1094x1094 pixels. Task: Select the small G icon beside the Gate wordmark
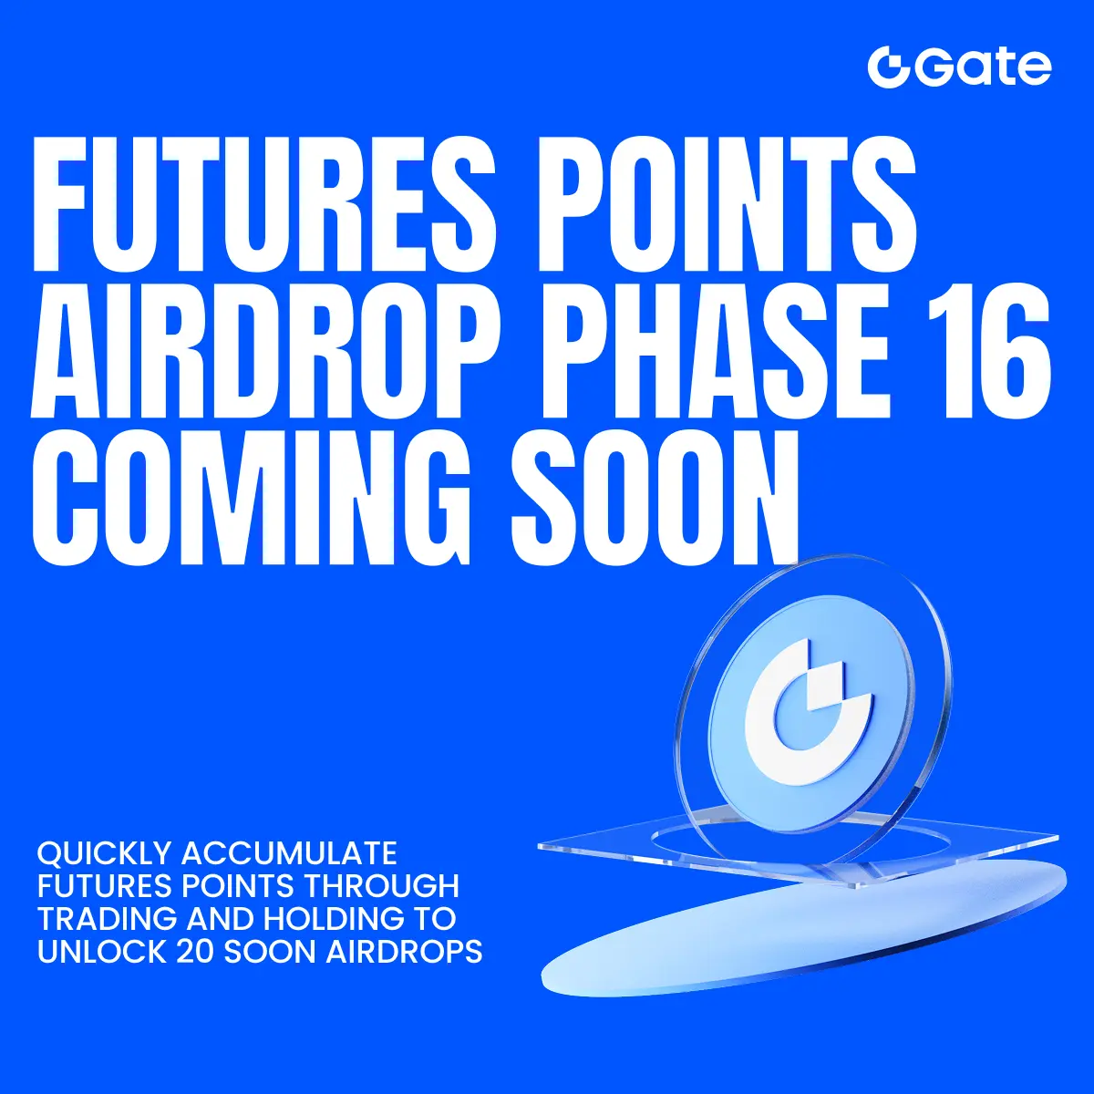pos(887,68)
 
